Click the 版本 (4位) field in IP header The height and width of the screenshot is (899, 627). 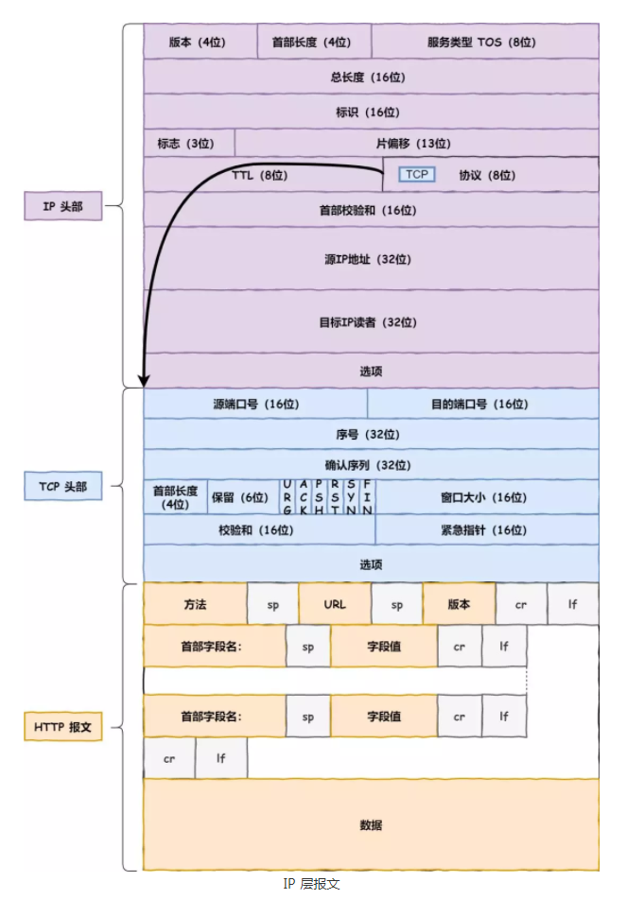(x=200, y=42)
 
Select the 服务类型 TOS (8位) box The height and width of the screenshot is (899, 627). (x=484, y=42)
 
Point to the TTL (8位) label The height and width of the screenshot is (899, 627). (x=259, y=175)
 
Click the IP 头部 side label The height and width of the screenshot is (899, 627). (x=62, y=207)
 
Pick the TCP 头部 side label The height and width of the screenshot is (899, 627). (x=62, y=486)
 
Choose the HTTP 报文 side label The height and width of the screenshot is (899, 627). (x=62, y=727)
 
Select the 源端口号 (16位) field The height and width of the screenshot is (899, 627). (x=255, y=404)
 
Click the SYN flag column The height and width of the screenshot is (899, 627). (x=351, y=497)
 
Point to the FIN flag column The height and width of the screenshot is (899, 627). (x=367, y=497)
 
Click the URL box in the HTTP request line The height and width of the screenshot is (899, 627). (x=335, y=604)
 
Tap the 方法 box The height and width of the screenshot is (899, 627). (x=195, y=604)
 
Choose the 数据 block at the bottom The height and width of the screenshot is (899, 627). (x=371, y=824)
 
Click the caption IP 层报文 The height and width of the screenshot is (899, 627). (x=311, y=884)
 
